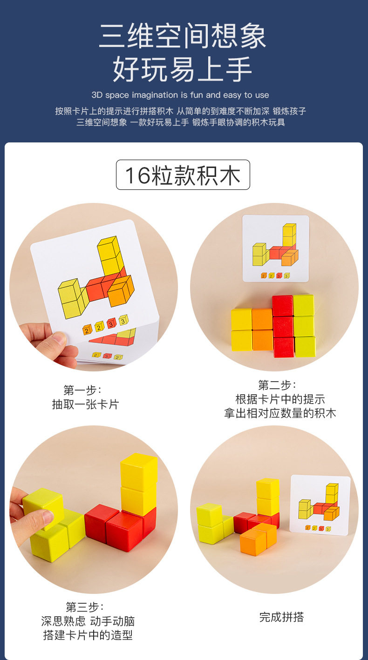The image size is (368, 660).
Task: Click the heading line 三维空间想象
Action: coord(183,36)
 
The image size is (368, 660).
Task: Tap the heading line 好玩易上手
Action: coord(182,69)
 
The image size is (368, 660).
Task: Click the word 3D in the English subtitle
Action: coord(97,95)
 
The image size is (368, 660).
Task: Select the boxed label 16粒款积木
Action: coord(183,175)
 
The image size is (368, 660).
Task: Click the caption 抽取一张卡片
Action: coord(85,404)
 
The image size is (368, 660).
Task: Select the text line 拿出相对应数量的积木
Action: coord(280,413)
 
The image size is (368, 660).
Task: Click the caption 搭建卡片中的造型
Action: coord(88,635)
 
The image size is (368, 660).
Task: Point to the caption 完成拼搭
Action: coord(281,617)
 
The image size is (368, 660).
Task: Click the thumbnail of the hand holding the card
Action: coord(94,287)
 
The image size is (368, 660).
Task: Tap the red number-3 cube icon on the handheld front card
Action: coord(111,323)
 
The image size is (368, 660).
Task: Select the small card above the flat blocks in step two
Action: coord(276,249)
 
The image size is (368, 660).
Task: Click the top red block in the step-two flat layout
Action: coord(282,306)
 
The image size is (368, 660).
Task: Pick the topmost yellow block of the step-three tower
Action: coord(139,471)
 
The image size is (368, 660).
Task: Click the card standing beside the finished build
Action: coord(320,505)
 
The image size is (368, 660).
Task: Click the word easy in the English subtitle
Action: coord(232,95)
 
